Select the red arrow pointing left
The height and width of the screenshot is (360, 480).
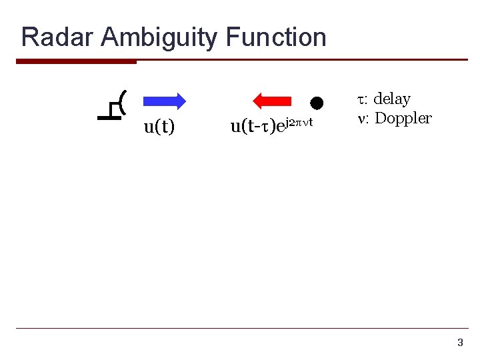(273, 101)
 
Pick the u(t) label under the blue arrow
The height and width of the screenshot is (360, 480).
(159, 127)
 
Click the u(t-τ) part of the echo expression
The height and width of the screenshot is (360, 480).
(254, 126)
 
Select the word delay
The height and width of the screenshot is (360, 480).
(392, 99)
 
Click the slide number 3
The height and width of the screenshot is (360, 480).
(459, 343)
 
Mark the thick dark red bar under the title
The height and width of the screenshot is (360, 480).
(76, 61)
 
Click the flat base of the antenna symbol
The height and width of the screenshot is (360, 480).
(107, 118)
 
